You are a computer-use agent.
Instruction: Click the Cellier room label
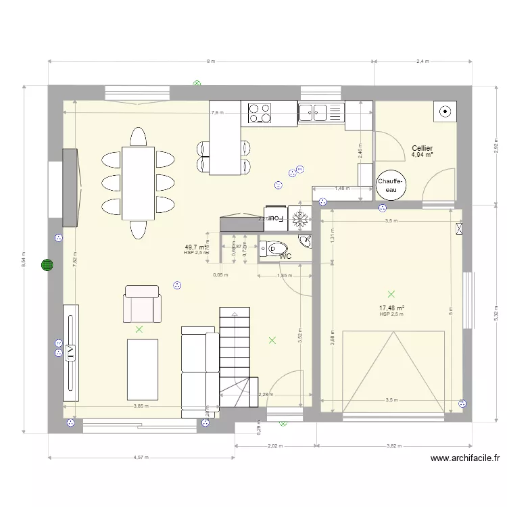coord(422,148)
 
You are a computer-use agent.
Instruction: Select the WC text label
coord(285,256)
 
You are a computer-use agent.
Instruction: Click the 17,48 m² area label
coord(391,308)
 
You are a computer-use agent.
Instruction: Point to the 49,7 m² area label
coord(196,247)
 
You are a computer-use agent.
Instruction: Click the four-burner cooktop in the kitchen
coord(260,112)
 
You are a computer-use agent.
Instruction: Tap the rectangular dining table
coord(138,183)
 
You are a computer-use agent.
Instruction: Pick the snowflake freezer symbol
coord(300,218)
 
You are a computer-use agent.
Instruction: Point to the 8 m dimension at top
coord(211,62)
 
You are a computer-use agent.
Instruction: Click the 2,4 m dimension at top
coord(422,62)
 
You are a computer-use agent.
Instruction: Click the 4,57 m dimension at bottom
coord(141,458)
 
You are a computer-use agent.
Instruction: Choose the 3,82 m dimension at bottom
coord(394,446)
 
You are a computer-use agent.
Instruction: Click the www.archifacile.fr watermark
coord(465,458)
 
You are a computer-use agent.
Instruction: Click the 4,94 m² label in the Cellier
coord(422,155)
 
